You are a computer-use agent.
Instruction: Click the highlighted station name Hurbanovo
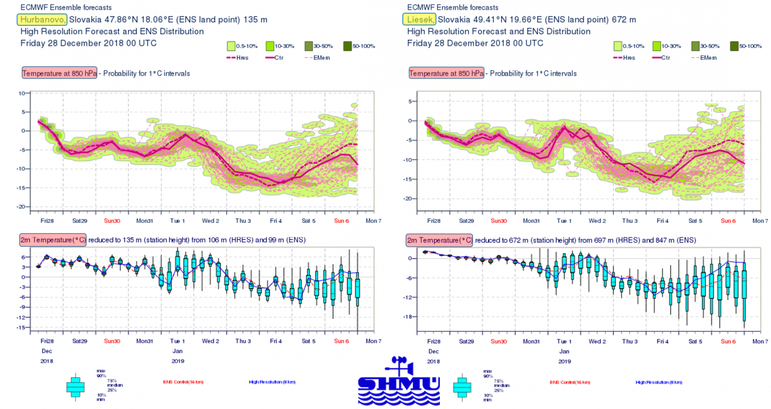pos(42,20)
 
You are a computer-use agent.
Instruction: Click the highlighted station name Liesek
pos(419,20)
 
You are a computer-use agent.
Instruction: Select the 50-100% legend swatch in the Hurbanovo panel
pos(347,46)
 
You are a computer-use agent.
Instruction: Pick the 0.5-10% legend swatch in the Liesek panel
pos(618,46)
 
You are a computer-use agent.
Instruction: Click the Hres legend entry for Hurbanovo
pos(238,58)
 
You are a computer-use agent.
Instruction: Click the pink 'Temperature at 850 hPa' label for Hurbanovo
pos(59,73)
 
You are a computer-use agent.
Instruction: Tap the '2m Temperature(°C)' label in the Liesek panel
pos(439,240)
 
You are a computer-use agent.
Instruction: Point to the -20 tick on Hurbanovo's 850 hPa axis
pos(22,206)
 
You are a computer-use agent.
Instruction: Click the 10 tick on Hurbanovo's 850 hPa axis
pos(22,93)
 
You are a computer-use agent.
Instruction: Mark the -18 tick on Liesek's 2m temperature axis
pos(408,317)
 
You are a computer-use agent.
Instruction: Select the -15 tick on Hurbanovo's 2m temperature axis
pos(21,327)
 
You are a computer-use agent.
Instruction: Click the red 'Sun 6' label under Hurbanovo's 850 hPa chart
pos(341,221)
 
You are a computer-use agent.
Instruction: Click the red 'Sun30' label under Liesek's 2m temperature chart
pos(499,341)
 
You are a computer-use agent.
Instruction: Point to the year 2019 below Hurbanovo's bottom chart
pos(178,361)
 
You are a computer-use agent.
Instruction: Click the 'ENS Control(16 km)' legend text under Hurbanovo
pos(183,382)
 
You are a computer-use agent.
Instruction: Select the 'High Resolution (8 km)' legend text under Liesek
pos(659,382)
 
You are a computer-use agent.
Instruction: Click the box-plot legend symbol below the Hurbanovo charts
pos(76,386)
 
